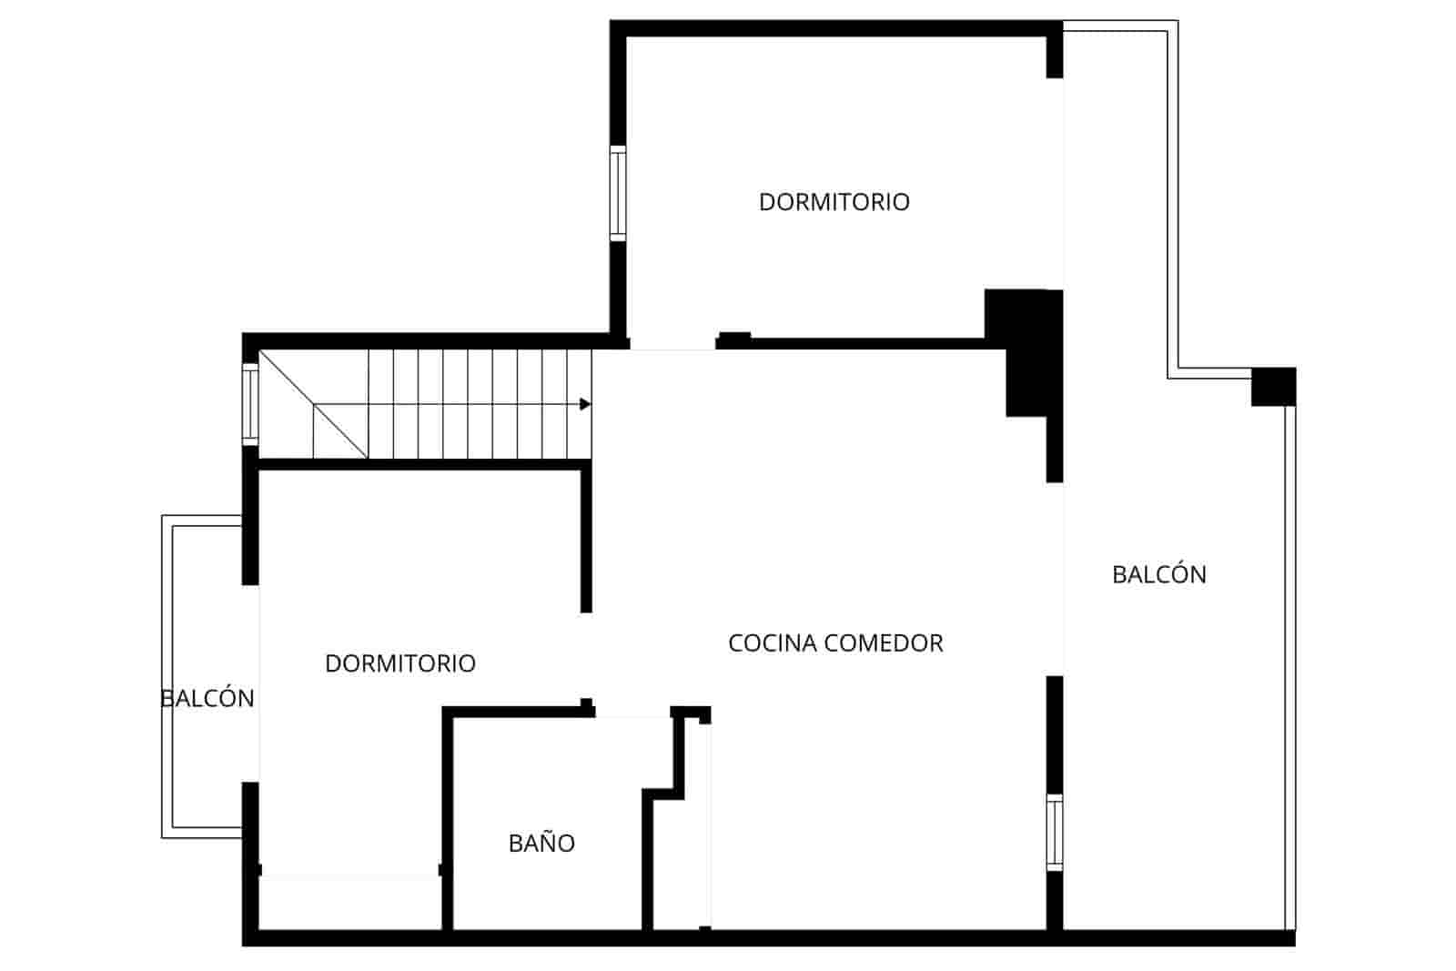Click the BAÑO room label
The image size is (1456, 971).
tap(541, 844)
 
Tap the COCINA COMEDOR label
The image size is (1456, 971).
tap(835, 643)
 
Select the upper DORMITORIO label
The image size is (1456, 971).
tap(834, 202)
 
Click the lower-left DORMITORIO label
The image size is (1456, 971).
tap(399, 663)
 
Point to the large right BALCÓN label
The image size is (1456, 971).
tap(1158, 575)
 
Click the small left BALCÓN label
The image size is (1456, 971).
tap(207, 699)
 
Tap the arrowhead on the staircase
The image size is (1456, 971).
tap(585, 404)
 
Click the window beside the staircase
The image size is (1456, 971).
tap(250, 404)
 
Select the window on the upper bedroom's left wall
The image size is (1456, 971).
tap(618, 193)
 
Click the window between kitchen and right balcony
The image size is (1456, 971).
tap(1054, 832)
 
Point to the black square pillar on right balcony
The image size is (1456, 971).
tap(1273, 387)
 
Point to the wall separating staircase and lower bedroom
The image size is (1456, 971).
tap(419, 464)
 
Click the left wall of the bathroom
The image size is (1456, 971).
tap(448, 819)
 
